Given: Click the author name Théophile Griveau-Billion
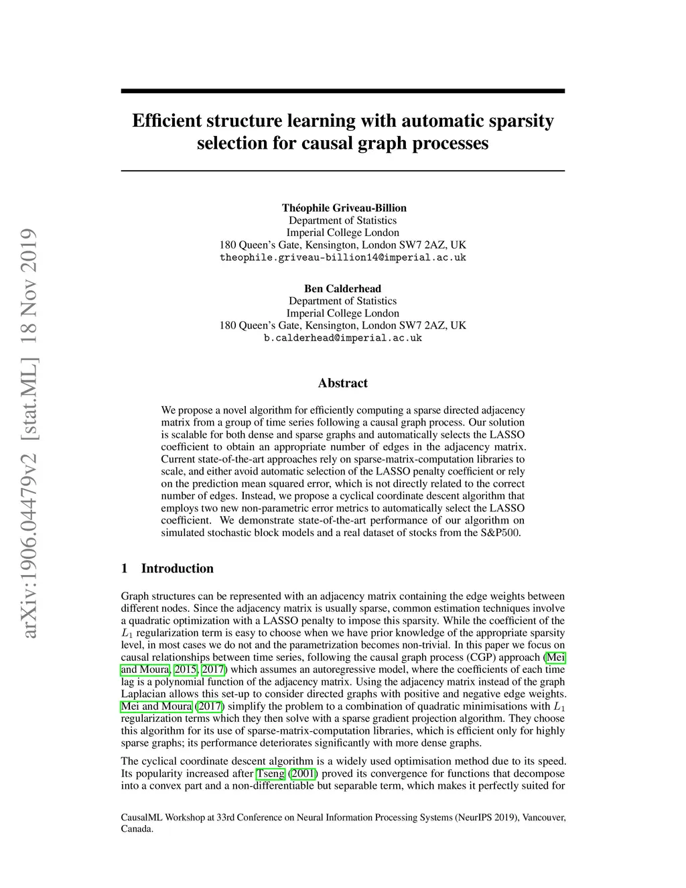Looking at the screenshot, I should (344, 208).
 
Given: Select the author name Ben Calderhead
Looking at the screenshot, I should (342, 289).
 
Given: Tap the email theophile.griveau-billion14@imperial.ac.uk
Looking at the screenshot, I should (342, 257).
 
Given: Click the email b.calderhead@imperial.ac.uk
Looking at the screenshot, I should (342, 338).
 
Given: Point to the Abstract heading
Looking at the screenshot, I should (342, 383).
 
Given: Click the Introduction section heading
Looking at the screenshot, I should (177, 568).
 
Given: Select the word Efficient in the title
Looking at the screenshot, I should (168, 121).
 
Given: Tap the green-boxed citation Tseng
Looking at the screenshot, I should (271, 773).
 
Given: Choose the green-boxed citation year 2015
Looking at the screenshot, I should (185, 669).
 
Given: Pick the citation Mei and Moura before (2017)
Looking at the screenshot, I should (156, 706).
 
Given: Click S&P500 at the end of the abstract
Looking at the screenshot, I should (500, 533).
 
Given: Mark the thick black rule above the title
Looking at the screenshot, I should (342, 90).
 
